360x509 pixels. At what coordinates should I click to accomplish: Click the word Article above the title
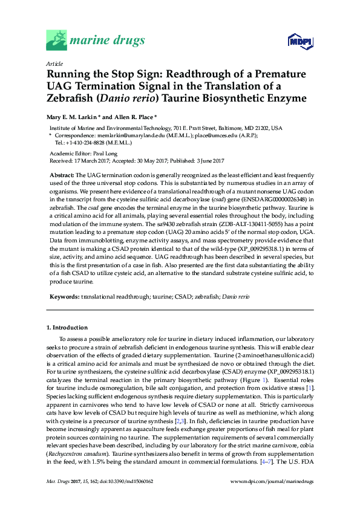pos(54,63)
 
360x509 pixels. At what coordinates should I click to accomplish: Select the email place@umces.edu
pos(215,136)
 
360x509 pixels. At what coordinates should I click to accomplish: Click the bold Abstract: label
pos(61,174)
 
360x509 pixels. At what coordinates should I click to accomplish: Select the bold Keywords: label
pos(63,297)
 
